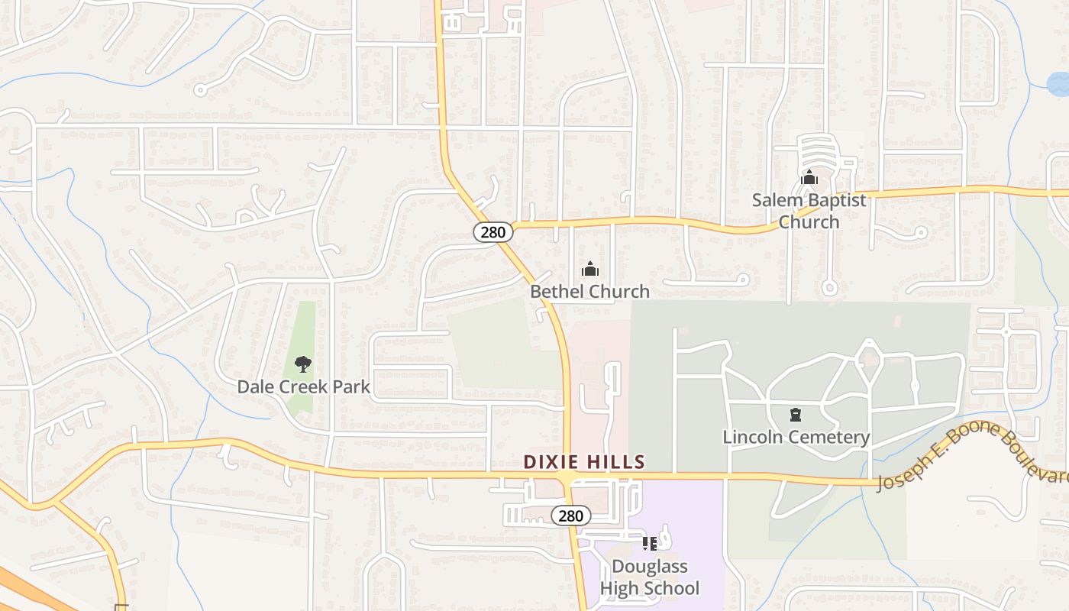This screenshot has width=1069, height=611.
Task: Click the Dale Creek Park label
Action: pyautogui.click(x=303, y=386)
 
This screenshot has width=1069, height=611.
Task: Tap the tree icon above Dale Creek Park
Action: pyautogui.click(x=303, y=364)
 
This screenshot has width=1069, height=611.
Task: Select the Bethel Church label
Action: pyautogui.click(x=589, y=291)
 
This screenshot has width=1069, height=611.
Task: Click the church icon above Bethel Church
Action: pyautogui.click(x=589, y=269)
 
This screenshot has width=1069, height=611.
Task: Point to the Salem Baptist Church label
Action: pyautogui.click(x=809, y=211)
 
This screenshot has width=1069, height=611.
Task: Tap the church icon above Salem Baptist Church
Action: pyautogui.click(x=809, y=179)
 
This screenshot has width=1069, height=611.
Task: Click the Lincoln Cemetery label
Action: pyautogui.click(x=796, y=437)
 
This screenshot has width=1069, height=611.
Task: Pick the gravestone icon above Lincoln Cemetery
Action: pyautogui.click(x=796, y=415)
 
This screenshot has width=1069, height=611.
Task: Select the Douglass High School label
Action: pyautogui.click(x=649, y=577)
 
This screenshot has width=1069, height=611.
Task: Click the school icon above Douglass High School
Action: pyautogui.click(x=649, y=544)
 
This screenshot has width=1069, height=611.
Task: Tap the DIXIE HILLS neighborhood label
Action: pyautogui.click(x=584, y=462)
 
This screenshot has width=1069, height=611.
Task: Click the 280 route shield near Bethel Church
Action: pyautogui.click(x=493, y=231)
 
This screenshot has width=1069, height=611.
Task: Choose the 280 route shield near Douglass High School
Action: pyautogui.click(x=570, y=516)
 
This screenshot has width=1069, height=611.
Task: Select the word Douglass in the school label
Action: pyautogui.click(x=649, y=567)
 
